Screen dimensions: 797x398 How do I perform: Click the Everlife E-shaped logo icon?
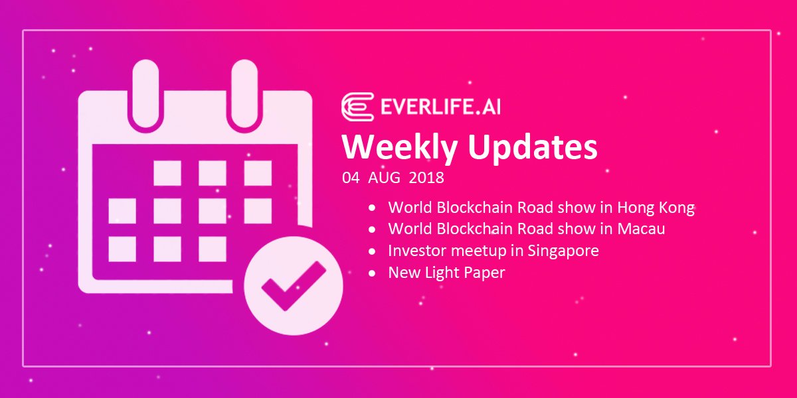(357, 107)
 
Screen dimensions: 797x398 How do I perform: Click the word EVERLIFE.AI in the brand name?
(440, 107)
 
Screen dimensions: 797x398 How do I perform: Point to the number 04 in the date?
(351, 178)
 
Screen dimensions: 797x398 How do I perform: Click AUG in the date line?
(384, 178)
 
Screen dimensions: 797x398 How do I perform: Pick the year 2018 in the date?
(426, 178)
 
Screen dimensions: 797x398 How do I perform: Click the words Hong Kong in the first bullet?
(656, 208)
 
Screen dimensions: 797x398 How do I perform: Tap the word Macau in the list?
(641, 228)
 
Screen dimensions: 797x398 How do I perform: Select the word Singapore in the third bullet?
(563, 251)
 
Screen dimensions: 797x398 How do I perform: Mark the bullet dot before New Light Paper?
(372, 273)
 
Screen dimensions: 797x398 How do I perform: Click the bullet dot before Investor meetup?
(372, 251)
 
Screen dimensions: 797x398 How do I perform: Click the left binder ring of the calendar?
(145, 94)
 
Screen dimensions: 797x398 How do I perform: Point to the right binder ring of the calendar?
(244, 94)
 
